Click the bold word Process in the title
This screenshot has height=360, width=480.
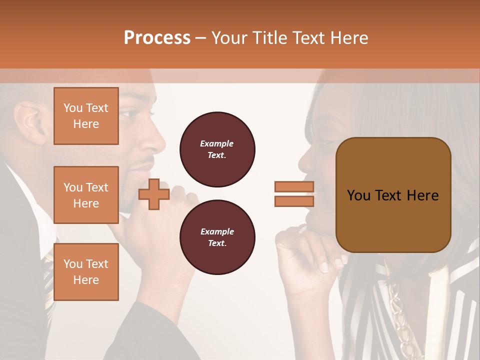(x=157, y=38)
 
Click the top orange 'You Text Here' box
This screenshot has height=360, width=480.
(x=86, y=116)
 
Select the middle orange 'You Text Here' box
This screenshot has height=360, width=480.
(x=86, y=195)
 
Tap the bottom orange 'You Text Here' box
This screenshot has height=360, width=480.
(x=86, y=272)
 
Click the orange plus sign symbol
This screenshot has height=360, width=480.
(x=153, y=194)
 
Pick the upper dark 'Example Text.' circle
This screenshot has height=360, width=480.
(x=217, y=149)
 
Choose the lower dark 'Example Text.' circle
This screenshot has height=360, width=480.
(x=217, y=237)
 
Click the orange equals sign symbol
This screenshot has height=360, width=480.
(x=294, y=194)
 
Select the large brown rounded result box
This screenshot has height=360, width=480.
(x=393, y=195)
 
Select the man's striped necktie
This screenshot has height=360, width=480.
(x=48, y=280)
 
